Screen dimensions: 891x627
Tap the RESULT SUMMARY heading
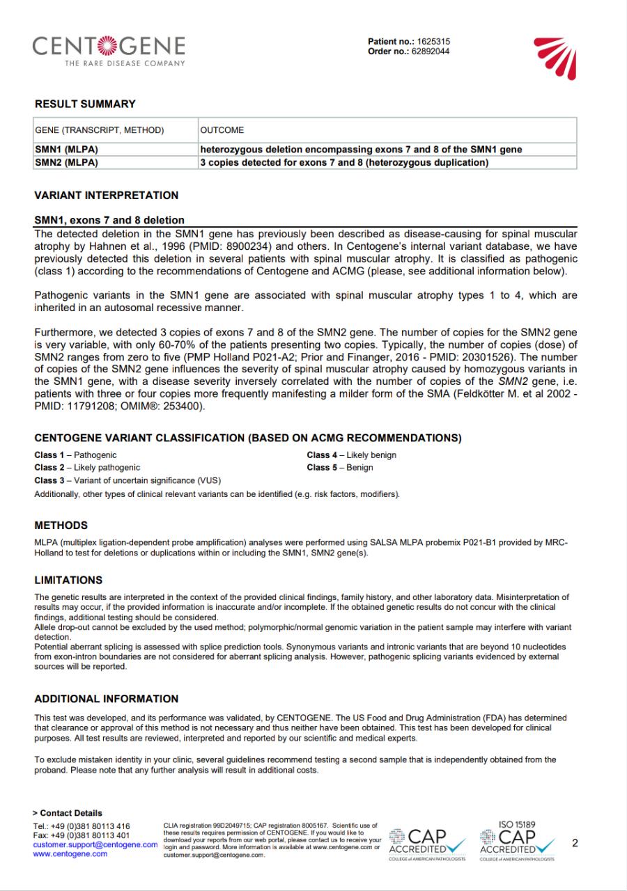pyautogui.click(x=85, y=104)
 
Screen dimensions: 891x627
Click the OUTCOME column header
pyautogui.click(x=222, y=130)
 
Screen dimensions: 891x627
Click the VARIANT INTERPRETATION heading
pyautogui.click(x=107, y=196)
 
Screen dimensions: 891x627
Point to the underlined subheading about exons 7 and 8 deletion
pyautogui.click(x=109, y=221)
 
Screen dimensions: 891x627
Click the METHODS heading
pyautogui.click(x=61, y=526)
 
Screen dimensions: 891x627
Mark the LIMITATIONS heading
pyautogui.click(x=68, y=580)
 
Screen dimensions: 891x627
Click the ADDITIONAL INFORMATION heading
pyautogui.click(x=107, y=699)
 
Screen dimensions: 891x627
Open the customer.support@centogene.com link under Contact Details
pyautogui.click(x=95, y=844)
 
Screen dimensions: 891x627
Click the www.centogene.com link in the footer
pyautogui.click(x=70, y=853)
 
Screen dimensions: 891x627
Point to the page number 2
pyautogui.click(x=575, y=844)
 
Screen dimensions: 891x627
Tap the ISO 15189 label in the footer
pyautogui.click(x=517, y=825)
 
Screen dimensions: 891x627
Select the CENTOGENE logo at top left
pyautogui.click(x=109, y=50)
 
